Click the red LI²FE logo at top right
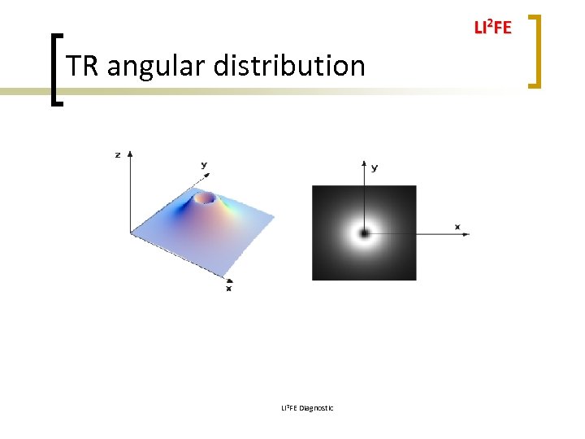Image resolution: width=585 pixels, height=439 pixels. coord(492,28)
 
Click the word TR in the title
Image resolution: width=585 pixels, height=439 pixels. coord(83,65)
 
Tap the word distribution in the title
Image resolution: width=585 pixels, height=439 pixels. coord(289,65)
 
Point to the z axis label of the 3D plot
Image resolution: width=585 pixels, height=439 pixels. coord(118,154)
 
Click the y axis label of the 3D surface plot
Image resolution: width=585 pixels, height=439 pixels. coord(204,165)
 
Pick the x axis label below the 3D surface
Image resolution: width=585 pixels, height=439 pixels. coord(228,288)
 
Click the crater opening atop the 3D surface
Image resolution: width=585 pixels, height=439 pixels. coord(206,198)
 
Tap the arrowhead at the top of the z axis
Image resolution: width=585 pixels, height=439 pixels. coord(130,154)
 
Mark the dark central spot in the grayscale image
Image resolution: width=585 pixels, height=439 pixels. coord(364,233)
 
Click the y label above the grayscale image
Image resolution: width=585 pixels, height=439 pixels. coord(374,167)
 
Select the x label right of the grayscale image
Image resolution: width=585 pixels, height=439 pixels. coord(457,226)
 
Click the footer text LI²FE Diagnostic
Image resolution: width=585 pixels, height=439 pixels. coord(307,407)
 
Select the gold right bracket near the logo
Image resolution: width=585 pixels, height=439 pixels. coord(535,50)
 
